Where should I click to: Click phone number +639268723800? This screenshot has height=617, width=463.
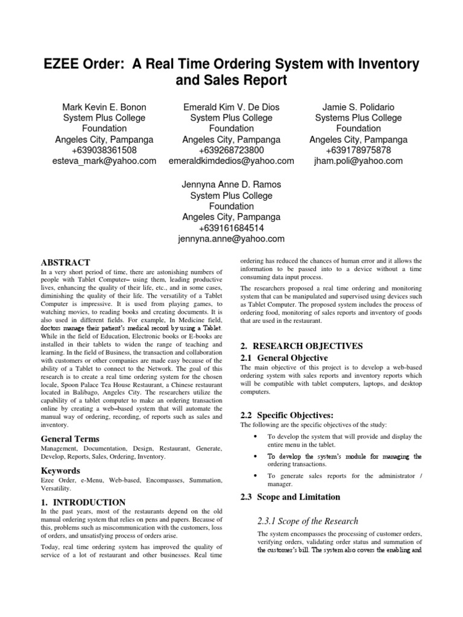tap(231, 150)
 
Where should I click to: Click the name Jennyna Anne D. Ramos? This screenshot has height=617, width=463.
tap(231, 184)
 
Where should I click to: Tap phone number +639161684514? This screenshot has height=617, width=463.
tap(231, 228)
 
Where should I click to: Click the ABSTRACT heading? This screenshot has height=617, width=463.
tap(65, 262)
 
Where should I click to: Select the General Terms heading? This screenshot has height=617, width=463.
tap(70, 439)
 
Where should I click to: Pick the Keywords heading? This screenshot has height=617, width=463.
tap(60, 470)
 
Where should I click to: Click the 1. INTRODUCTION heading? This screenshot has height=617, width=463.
tap(83, 502)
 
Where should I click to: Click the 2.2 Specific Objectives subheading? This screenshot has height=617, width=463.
tap(286, 415)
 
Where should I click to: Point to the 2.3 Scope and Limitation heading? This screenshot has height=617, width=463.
tap(290, 496)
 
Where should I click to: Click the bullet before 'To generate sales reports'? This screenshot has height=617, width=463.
tap(256, 476)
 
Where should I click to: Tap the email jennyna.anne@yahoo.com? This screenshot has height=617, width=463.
tap(231, 239)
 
